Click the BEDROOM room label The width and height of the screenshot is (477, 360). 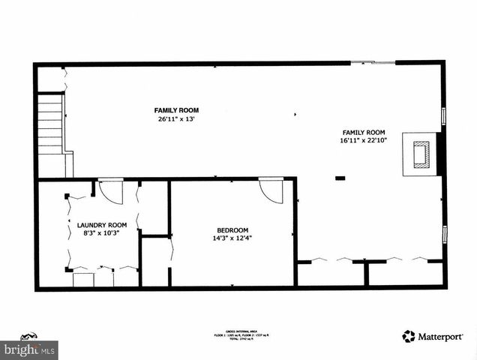pos(232,230)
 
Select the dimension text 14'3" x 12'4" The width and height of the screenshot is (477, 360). pos(232,238)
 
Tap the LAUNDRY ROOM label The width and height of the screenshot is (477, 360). pos(102,225)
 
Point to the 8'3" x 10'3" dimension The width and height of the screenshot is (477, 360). pos(102,233)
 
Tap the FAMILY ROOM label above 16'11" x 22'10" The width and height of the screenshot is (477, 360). pos(364,132)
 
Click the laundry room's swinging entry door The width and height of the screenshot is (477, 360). pos(110,190)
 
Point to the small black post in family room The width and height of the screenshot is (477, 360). pos(340,178)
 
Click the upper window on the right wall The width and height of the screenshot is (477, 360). pos(443,116)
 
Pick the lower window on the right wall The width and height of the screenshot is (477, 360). pos(443,235)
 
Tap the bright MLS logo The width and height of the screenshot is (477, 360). pos(29,348)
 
